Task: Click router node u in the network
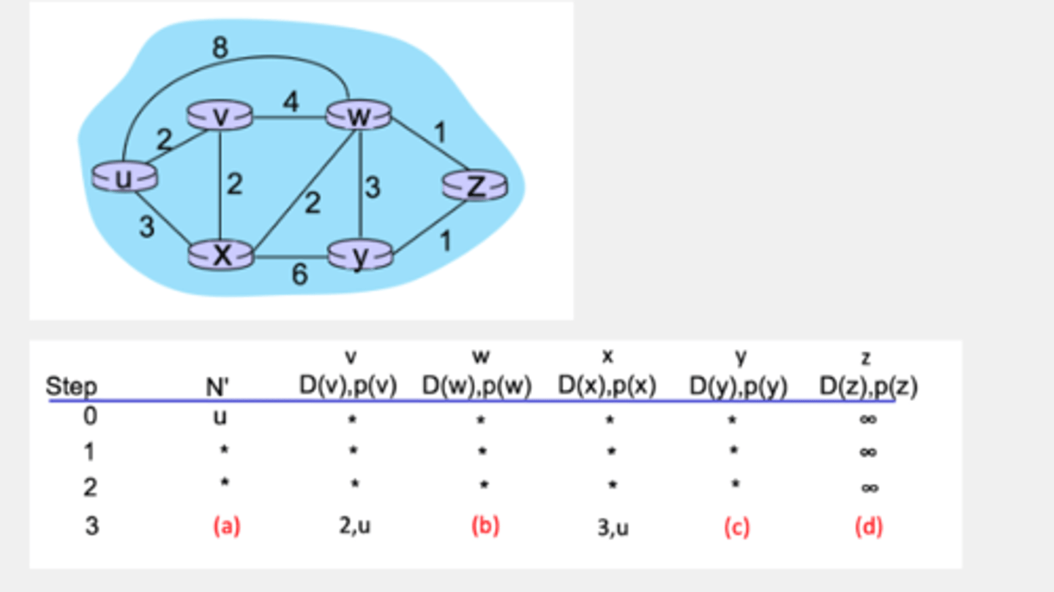pos(124,177)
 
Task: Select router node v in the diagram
pos(220,116)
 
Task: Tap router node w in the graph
pos(359,116)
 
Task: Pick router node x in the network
pos(220,255)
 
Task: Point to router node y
pos(359,255)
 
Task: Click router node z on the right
pos(475,186)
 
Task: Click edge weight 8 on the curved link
pos(220,48)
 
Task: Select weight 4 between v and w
pos(291,102)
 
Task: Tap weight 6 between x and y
pos(299,275)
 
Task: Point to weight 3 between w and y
pos(373,188)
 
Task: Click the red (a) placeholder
pos(226,526)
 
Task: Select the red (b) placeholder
pos(485,526)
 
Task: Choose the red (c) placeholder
pos(736,527)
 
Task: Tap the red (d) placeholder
pos(868,527)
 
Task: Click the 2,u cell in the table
pos(355,525)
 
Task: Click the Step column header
pos(72,386)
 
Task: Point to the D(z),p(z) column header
pos(868,386)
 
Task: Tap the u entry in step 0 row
pos(220,417)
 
